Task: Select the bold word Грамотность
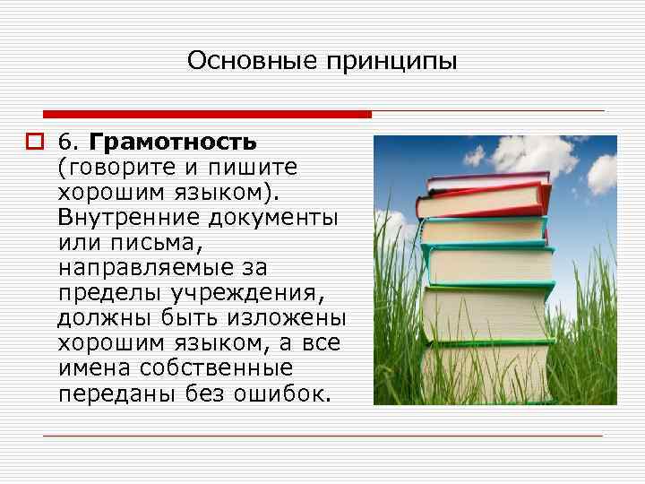[174, 143]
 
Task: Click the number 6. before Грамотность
[70, 143]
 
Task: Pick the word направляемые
[141, 268]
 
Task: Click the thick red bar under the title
[206, 114]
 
